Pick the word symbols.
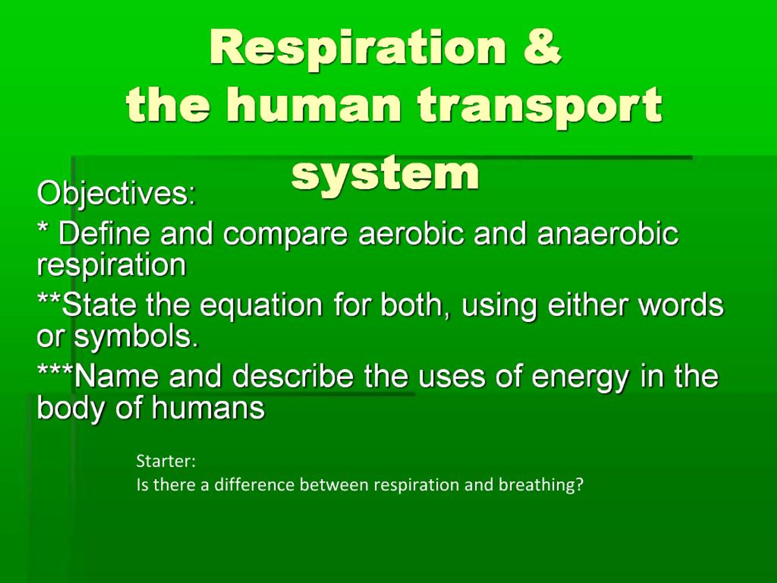pos(136,337)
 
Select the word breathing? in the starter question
pos(541,485)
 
